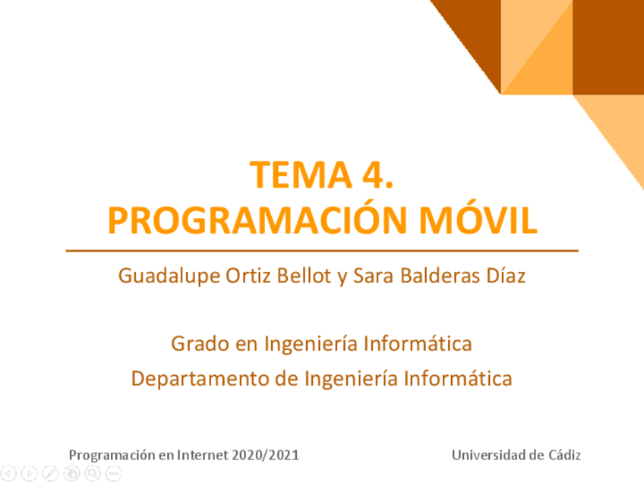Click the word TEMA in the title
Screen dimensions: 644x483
(301, 175)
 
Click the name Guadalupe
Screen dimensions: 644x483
(169, 276)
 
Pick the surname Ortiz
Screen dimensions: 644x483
(249, 276)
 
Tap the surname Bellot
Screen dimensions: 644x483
(304, 276)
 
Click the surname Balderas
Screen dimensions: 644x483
(440, 276)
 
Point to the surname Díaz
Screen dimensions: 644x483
(506, 276)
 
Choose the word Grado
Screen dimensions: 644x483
(200, 343)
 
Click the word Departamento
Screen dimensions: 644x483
(200, 379)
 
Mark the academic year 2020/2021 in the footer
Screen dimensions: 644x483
(265, 455)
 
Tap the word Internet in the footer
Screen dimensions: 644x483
(203, 455)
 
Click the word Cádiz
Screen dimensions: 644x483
(565, 455)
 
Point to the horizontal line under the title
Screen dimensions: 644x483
(322, 251)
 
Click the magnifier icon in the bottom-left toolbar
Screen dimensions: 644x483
(93, 473)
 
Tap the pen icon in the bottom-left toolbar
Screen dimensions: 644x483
(51, 473)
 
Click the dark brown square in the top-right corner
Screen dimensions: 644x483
(608, 47)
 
